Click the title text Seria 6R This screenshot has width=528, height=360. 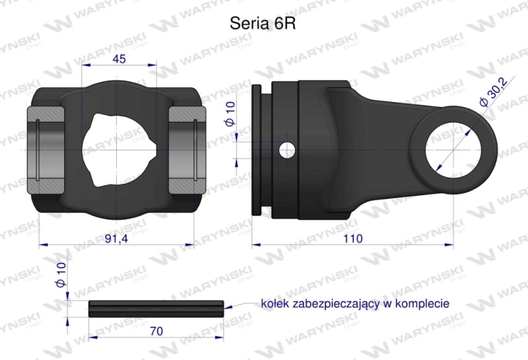click(263, 23)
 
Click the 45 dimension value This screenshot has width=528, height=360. click(119, 58)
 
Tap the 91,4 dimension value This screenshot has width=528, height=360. click(116, 238)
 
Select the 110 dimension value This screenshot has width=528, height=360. click(353, 238)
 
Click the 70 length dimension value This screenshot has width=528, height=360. click(157, 331)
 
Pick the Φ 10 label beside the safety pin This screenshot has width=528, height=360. click(61, 275)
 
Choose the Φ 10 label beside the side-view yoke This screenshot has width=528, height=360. click(231, 114)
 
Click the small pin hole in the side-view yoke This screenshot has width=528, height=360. click(287, 149)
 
